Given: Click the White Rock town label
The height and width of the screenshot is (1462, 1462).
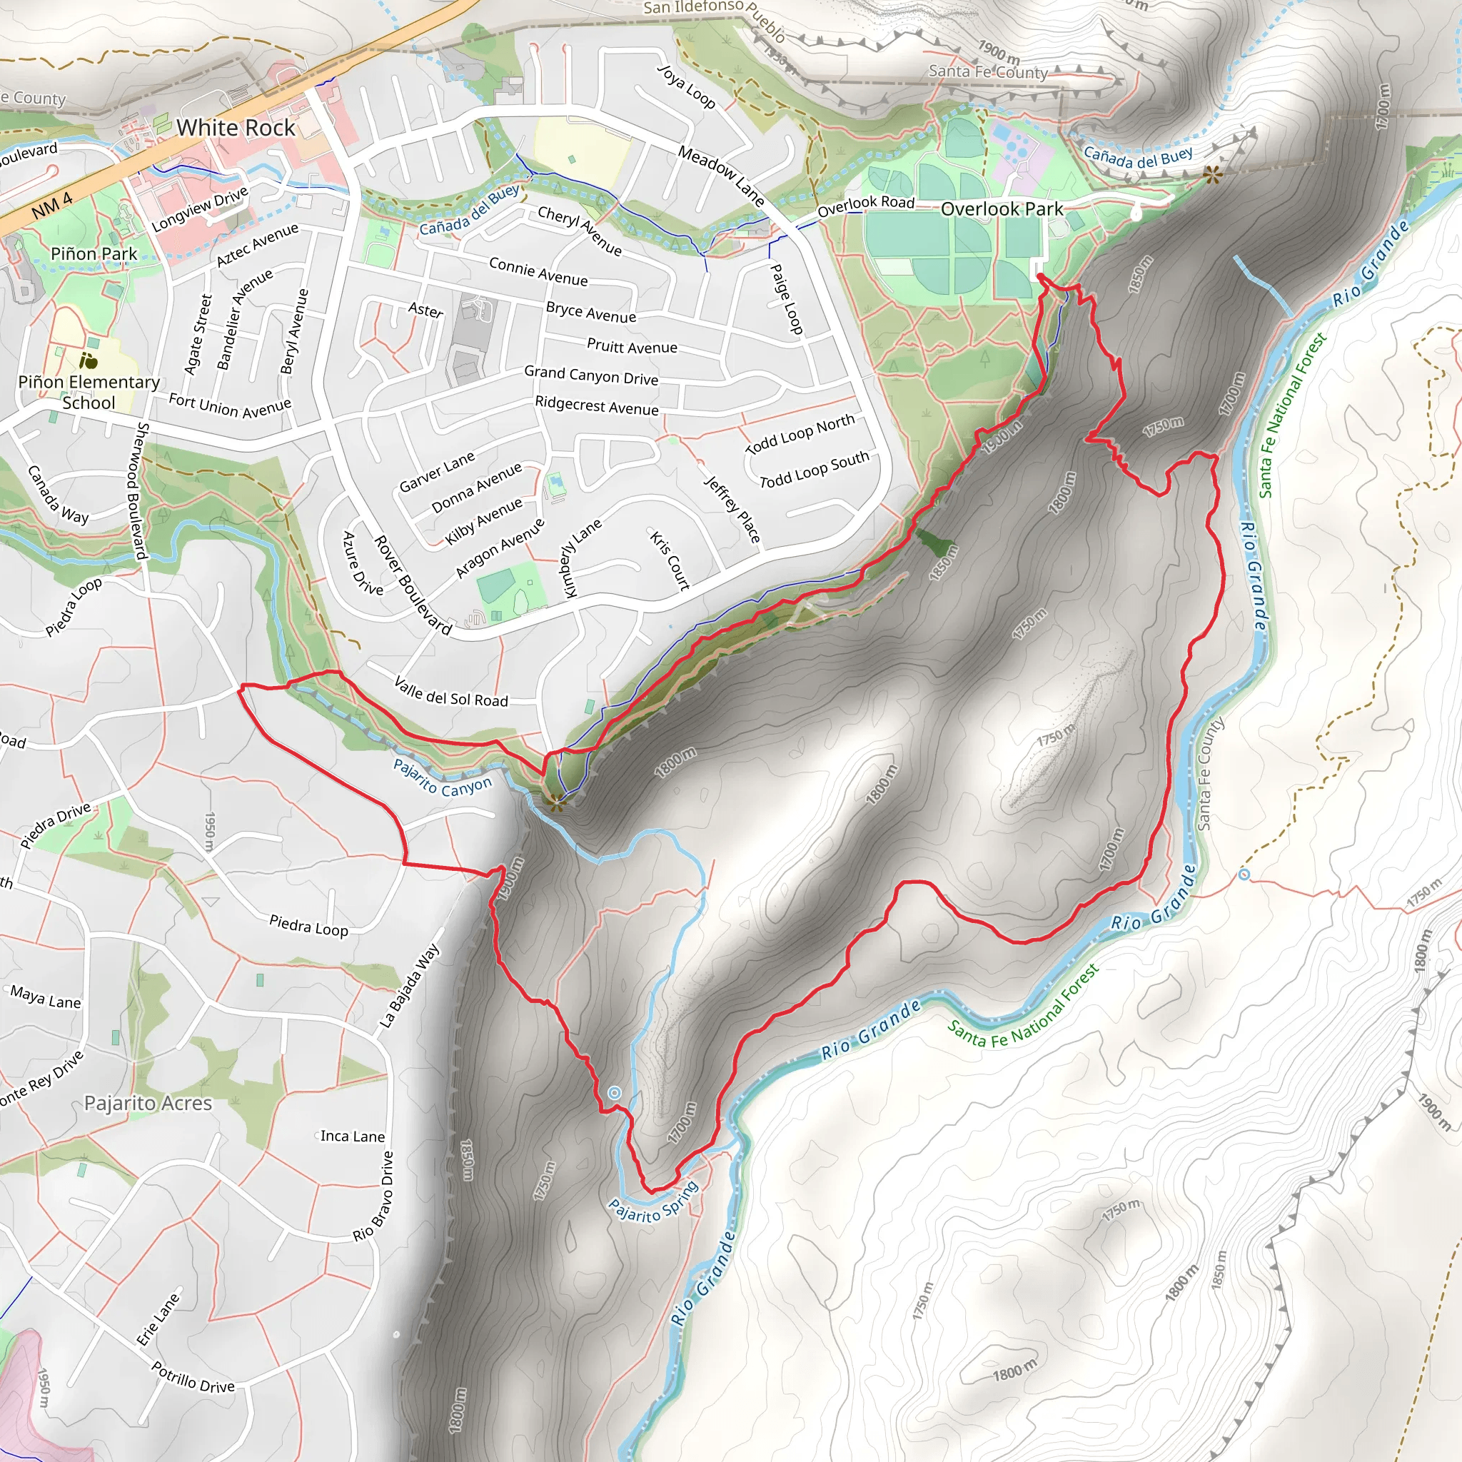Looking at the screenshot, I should coord(236,128).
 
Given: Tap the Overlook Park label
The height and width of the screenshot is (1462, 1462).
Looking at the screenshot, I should coord(1001,209).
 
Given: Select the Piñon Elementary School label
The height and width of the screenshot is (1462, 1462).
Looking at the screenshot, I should coord(89,392).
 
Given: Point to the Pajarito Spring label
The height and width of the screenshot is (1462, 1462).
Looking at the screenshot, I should coord(654,1200).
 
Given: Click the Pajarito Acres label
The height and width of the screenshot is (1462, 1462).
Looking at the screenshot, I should coord(148,1104).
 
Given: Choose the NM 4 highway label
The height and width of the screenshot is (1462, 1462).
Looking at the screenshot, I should coord(52,205).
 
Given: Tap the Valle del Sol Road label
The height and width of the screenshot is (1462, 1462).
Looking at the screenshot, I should coord(451,692).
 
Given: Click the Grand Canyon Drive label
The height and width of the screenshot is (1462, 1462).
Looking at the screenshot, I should coord(591,375).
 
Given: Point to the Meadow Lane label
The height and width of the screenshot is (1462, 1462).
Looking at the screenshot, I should coord(720,176).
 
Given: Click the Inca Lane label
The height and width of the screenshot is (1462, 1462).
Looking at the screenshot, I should coord(352,1136).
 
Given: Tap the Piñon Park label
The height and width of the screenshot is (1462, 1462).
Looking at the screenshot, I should coord(94,254).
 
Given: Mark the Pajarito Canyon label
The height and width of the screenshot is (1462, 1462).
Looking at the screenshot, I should coord(442,777).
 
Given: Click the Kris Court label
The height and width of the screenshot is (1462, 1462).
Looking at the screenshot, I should coord(670,560).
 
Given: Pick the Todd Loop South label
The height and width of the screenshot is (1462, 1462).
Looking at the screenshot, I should coord(815,470).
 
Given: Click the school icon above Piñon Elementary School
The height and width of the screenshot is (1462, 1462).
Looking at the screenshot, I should coord(89,361).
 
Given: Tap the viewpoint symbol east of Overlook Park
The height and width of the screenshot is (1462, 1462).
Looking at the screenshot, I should coord(1212,176).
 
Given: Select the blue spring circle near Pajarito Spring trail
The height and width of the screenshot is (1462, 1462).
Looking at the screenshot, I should coord(615,1093).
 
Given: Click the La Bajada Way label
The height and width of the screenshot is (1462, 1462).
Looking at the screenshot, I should coord(408,985).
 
